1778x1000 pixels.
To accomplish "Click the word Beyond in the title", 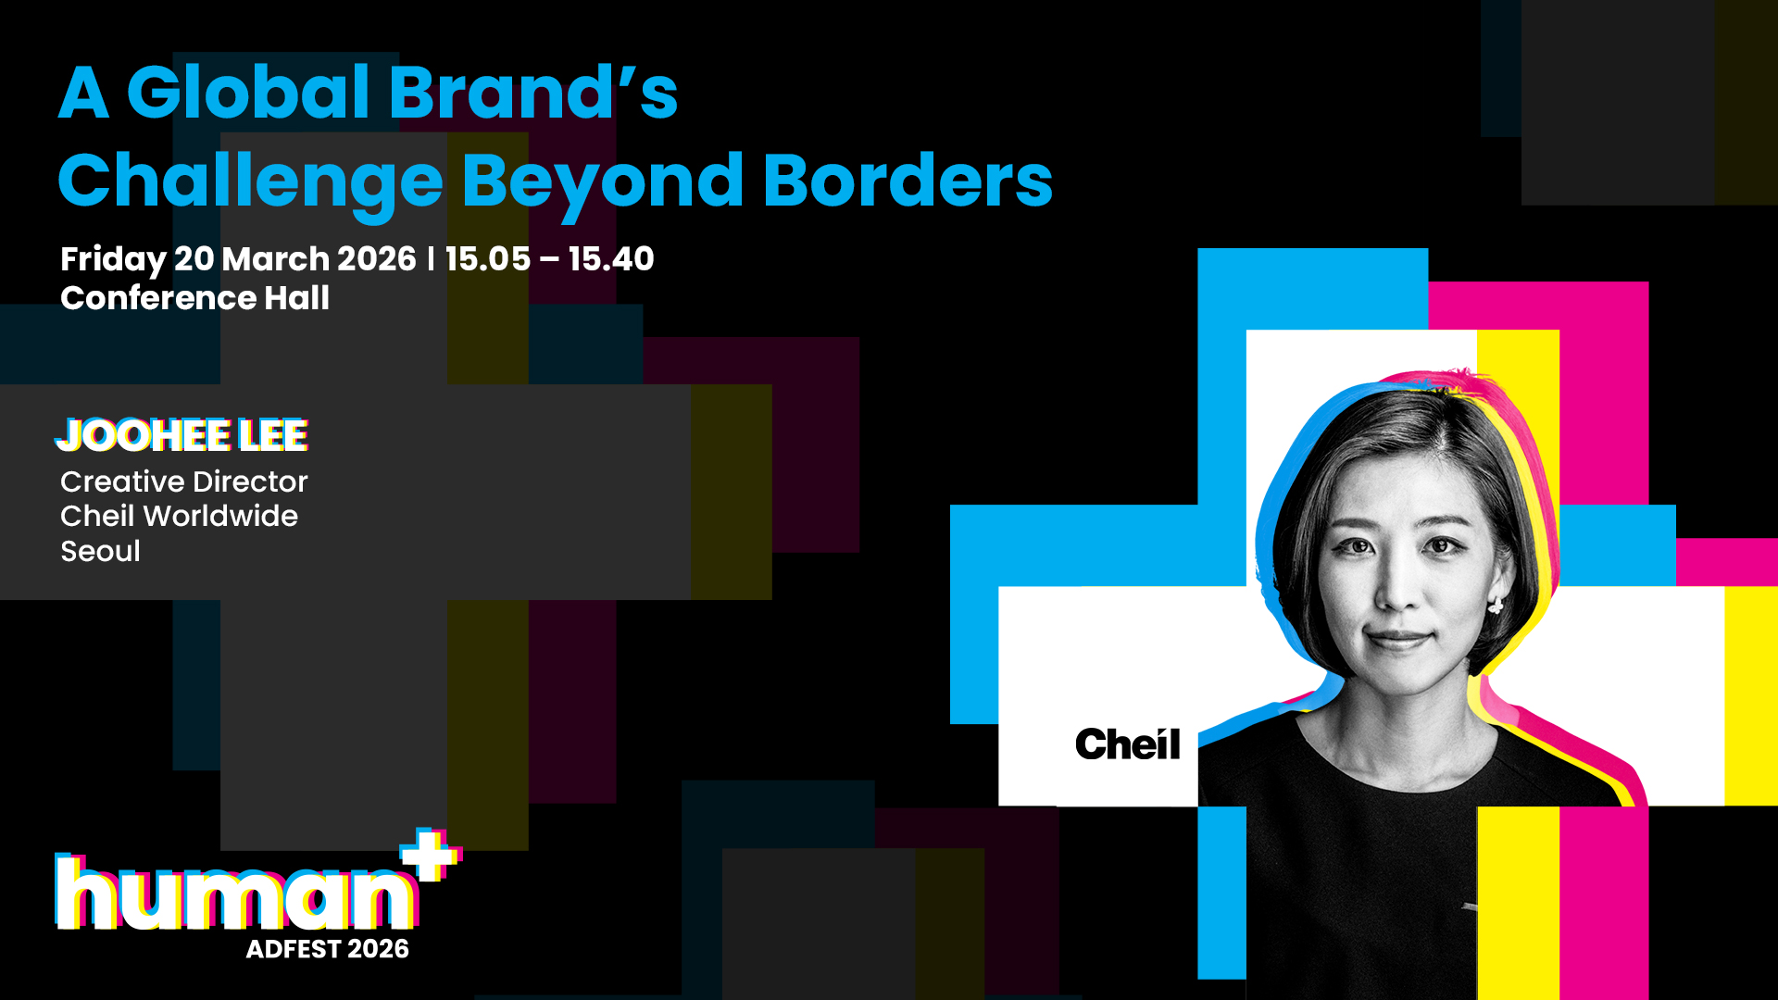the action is (603, 185).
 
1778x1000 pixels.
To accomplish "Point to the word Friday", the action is (113, 260).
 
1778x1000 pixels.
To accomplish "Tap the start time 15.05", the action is (488, 259).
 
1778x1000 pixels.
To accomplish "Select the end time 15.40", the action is (611, 259).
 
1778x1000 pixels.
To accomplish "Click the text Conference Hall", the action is (194, 298).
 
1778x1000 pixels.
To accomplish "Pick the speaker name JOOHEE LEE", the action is (182, 435).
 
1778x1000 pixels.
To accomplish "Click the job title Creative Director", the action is (183, 481).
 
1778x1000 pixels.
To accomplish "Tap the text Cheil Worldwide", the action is (179, 516).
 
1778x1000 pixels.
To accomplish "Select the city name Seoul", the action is (100, 551).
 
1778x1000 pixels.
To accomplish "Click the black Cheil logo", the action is (1128, 744).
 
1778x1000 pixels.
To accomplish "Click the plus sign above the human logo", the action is (431, 856).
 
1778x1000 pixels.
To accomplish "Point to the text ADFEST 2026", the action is (327, 949).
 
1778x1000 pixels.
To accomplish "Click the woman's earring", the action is (1495, 606).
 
